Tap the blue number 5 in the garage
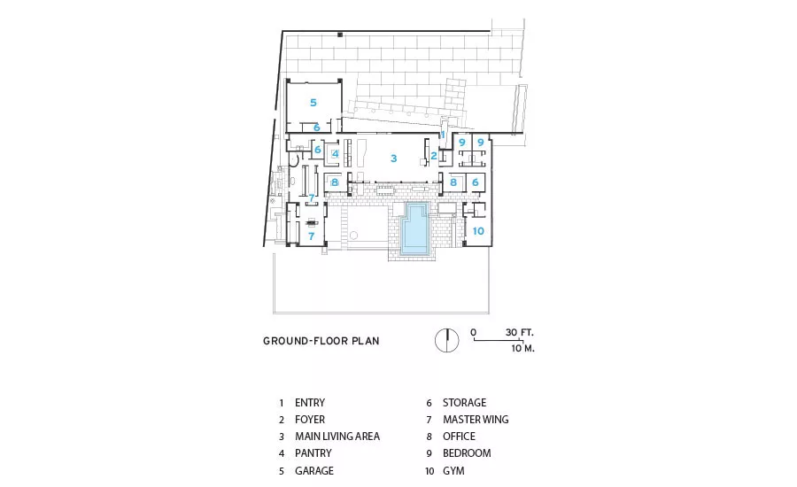click(x=313, y=103)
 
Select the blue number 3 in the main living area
click(x=393, y=158)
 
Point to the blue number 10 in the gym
click(x=478, y=231)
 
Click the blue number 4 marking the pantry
click(x=336, y=153)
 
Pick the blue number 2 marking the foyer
click(x=434, y=156)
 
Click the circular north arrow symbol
click(x=447, y=341)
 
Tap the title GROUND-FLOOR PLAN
click(x=321, y=341)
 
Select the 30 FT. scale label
click(x=520, y=332)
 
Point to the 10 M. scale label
click(x=523, y=348)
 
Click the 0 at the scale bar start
click(x=473, y=332)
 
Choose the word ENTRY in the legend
click(x=310, y=403)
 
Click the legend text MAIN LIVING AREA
click(x=337, y=437)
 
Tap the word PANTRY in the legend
click(x=313, y=453)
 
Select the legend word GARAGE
click(x=314, y=471)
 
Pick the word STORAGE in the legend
click(x=465, y=403)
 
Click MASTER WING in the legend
click(x=476, y=420)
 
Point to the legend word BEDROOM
click(x=467, y=453)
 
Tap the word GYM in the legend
click(x=453, y=471)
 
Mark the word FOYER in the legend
click(x=310, y=420)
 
